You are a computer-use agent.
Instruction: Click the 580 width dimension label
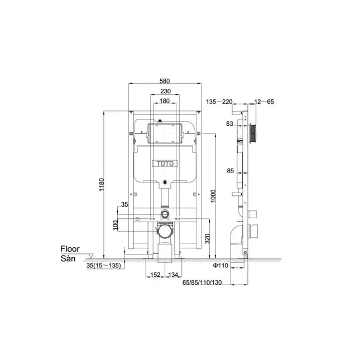click(165, 81)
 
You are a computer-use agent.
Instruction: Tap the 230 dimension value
click(166, 92)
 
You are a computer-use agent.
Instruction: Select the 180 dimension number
click(165, 101)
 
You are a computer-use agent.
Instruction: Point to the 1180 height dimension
click(102, 185)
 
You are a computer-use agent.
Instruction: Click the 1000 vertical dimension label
click(213, 196)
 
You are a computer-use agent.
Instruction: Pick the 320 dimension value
click(207, 239)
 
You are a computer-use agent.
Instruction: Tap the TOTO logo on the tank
click(165, 164)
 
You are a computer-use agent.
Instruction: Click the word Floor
click(70, 249)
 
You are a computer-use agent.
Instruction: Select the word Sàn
click(68, 258)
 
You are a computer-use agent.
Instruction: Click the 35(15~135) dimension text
click(104, 266)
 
